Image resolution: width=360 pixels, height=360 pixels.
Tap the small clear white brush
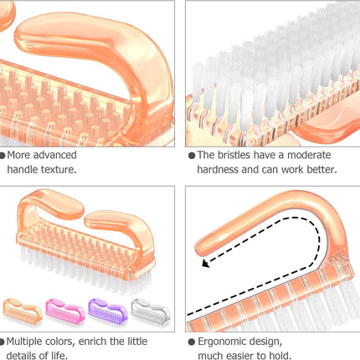click(x=151, y=311)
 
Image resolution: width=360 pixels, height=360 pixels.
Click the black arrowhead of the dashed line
click(x=205, y=263)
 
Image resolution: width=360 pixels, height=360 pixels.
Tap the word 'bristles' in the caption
click(x=234, y=155)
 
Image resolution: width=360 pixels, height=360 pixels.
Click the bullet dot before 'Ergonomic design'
click(x=192, y=342)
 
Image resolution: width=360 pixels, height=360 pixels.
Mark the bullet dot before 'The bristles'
click(x=192, y=156)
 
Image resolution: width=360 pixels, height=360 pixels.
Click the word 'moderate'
click(x=309, y=155)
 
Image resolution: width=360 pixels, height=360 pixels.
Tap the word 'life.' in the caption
click(x=59, y=356)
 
